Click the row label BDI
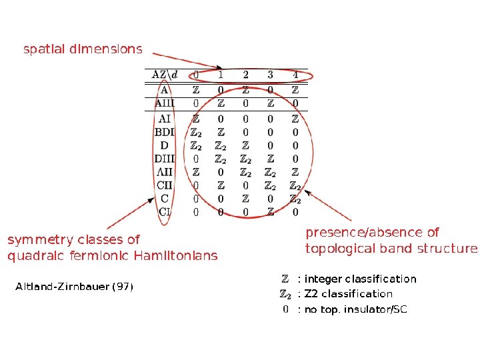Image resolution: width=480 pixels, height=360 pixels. click(165, 132)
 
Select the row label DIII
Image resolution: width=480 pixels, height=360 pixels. click(165, 159)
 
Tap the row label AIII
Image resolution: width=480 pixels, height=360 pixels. click(165, 103)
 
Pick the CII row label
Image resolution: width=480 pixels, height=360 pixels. click(165, 185)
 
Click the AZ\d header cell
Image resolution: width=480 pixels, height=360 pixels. click(165, 74)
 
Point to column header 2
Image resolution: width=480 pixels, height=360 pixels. click(245, 74)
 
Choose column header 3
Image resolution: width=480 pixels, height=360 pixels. click(270, 74)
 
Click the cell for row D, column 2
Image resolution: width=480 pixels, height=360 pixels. click(245, 145)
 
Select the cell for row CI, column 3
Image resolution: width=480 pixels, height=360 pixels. click(270, 212)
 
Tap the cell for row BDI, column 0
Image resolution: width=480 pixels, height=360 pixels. click(195, 132)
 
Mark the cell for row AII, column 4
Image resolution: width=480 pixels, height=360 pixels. click(295, 172)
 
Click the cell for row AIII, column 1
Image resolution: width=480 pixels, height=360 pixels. click(221, 103)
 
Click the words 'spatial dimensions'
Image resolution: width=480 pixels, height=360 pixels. click(83, 49)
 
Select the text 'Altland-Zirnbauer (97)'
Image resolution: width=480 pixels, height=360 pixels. click(74, 287)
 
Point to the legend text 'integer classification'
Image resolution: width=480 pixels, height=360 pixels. click(361, 279)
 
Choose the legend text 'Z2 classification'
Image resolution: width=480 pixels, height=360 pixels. click(349, 294)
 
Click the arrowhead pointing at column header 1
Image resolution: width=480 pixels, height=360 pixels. click(219, 67)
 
